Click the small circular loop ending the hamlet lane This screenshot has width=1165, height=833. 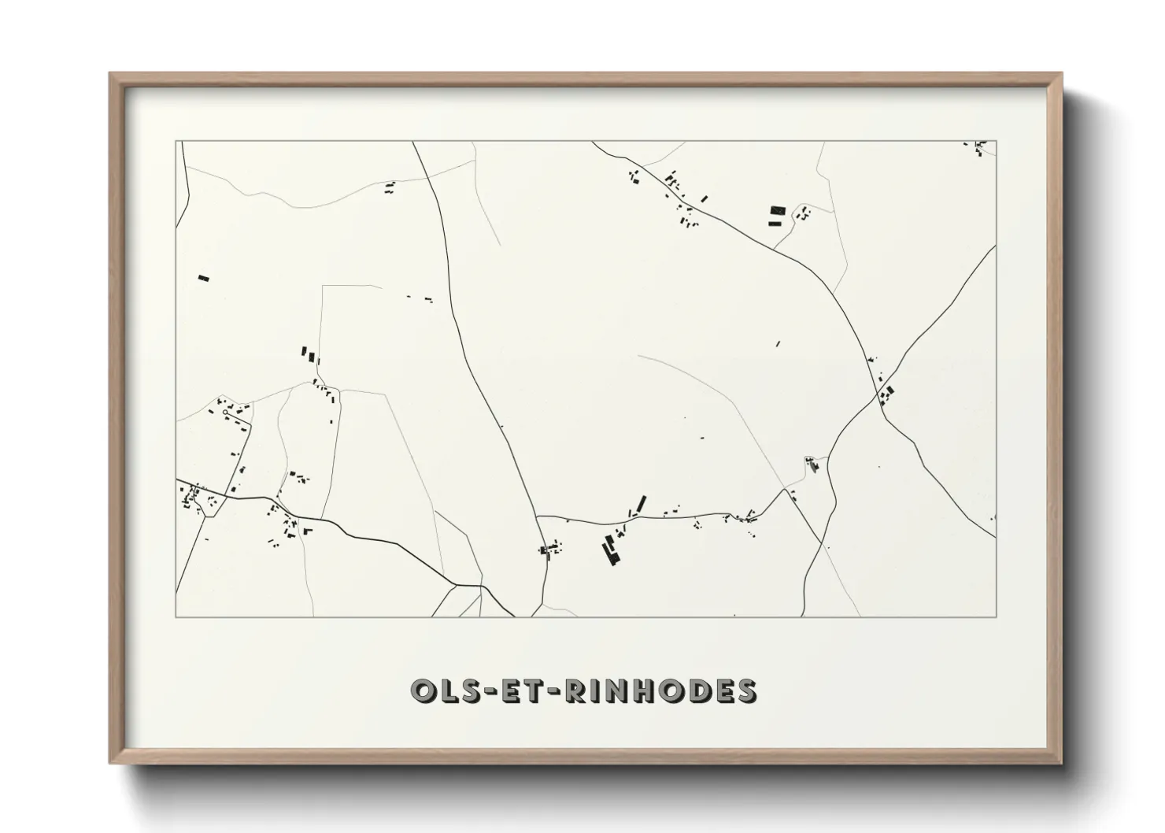225,412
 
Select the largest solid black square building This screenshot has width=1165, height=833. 778,210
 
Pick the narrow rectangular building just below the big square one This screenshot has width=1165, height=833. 775,223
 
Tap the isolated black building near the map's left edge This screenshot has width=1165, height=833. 204,278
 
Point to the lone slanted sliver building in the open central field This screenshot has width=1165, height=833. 778,343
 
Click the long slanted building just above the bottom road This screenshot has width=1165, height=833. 641,503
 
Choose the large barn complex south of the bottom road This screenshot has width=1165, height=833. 609,549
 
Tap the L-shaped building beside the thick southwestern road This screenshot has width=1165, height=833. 307,531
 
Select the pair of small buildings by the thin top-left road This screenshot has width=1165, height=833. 389,187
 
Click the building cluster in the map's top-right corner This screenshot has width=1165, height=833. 980,147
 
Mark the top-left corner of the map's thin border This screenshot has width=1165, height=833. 176,142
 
